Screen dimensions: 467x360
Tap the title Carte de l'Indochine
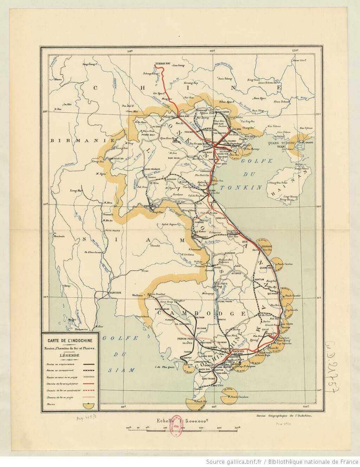click(x=70, y=340)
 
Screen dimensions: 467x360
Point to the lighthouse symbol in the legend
click(x=90, y=405)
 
